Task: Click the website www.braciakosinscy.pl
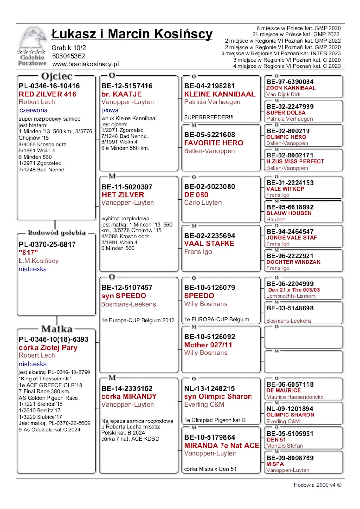point(85,64)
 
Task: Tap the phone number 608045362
point(68,56)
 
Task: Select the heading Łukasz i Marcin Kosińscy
point(132,34)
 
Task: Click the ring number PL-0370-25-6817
point(47,244)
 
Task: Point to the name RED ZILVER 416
point(47,94)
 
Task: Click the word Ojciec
point(57,76)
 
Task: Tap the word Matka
point(57,329)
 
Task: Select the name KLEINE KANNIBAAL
point(220,94)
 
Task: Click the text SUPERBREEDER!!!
point(208,117)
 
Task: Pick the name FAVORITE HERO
point(213,143)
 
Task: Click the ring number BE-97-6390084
point(290,82)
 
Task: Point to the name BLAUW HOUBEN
point(289,213)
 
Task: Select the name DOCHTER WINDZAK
point(293,262)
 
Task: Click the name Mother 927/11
point(208,345)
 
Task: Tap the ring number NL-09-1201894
point(290,408)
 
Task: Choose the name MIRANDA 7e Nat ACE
point(222,445)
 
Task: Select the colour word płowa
point(110,110)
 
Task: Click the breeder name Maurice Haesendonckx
point(295,397)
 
